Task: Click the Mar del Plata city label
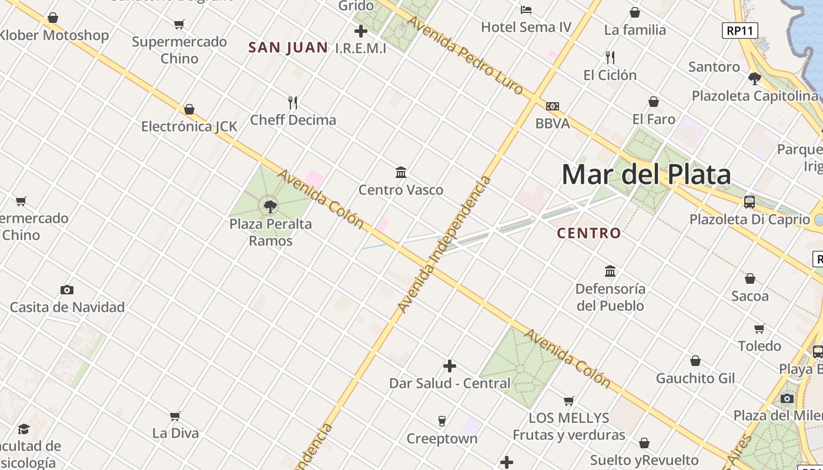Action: click(x=646, y=174)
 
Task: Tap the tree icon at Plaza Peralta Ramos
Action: click(x=270, y=206)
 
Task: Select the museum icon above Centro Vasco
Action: click(x=401, y=172)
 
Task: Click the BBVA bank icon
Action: click(x=552, y=106)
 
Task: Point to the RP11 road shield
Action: click(x=740, y=31)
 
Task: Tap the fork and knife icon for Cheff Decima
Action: click(x=293, y=103)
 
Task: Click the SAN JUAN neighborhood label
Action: click(x=288, y=48)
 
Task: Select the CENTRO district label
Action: click(x=588, y=233)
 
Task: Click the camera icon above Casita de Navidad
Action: click(x=67, y=290)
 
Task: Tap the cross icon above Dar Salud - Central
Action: click(x=450, y=366)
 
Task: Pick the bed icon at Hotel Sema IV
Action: click(x=526, y=9)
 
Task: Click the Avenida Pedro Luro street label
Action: click(x=464, y=56)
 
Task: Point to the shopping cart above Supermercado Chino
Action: click(x=179, y=25)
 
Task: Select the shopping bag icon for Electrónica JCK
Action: click(x=189, y=109)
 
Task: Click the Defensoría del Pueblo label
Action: click(x=610, y=297)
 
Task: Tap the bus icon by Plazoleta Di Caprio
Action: click(x=750, y=202)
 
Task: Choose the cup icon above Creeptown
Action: click(x=442, y=421)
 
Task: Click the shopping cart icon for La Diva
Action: click(x=175, y=417)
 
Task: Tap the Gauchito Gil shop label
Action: click(x=695, y=378)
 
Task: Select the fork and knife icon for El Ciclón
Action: click(x=610, y=58)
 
